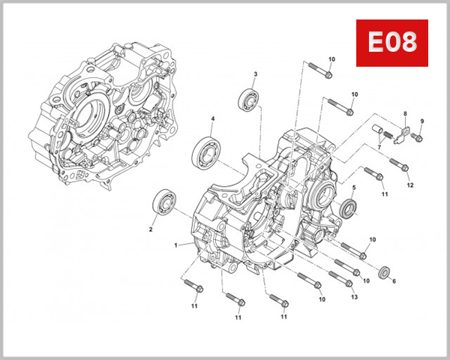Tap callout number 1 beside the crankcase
(x=175, y=245)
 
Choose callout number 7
(x=405, y=114)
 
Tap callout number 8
(x=421, y=121)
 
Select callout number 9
(x=410, y=184)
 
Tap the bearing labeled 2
(x=349, y=208)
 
